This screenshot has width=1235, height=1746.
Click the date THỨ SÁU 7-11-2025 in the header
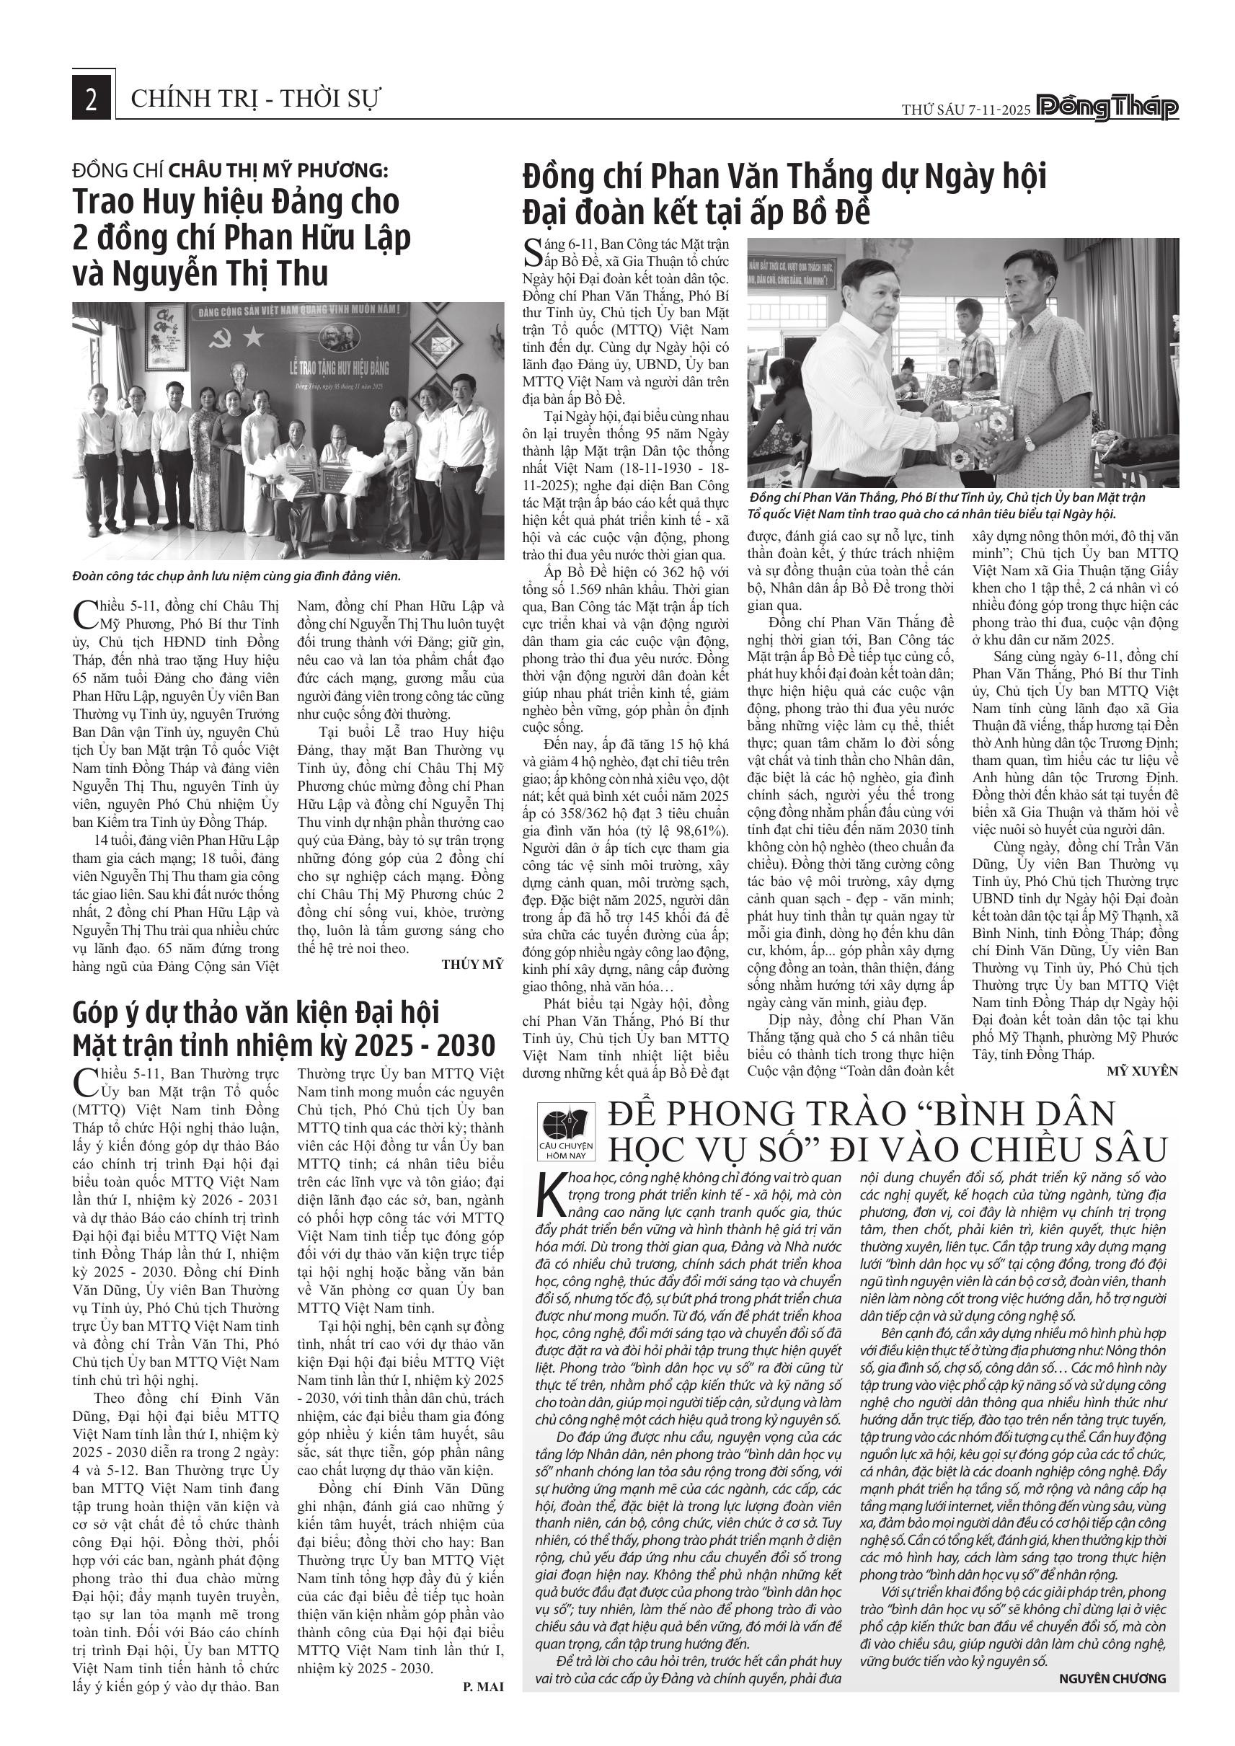[x=966, y=110]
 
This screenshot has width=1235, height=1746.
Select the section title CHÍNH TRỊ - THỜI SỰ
[x=255, y=99]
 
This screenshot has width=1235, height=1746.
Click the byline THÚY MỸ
[x=472, y=965]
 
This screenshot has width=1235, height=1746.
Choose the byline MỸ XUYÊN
[x=1141, y=1071]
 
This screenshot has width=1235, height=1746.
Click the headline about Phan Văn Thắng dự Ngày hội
[x=783, y=193]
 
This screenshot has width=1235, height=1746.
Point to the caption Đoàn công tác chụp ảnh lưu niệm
[x=236, y=576]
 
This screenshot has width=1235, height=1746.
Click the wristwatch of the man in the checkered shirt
[x=1030, y=443]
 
